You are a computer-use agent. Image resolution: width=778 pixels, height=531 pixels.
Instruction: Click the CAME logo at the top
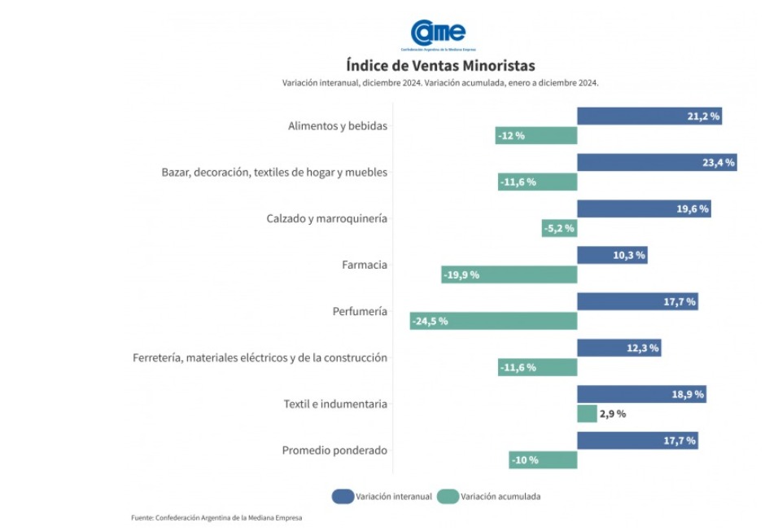click(x=438, y=33)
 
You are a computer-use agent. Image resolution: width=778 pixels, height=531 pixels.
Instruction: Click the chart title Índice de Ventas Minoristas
click(x=440, y=65)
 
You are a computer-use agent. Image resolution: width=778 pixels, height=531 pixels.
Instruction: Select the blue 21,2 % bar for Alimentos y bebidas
click(x=649, y=116)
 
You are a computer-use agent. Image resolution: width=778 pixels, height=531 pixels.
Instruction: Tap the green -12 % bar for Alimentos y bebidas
click(x=535, y=135)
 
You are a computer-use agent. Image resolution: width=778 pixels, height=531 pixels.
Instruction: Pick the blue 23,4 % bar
click(x=656, y=163)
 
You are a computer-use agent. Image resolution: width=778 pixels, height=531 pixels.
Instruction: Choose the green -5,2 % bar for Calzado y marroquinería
click(x=559, y=228)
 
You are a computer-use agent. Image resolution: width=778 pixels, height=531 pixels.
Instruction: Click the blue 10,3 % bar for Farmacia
click(x=612, y=256)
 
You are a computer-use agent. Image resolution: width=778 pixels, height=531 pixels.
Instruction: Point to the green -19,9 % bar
click(x=509, y=274)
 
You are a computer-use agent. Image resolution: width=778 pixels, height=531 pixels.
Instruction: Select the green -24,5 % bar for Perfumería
click(x=493, y=321)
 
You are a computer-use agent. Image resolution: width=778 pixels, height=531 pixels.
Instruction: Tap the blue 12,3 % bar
click(x=618, y=349)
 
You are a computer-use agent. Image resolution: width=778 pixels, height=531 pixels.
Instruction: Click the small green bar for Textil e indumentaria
click(x=587, y=414)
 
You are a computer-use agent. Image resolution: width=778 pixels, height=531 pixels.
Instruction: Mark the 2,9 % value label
click(x=613, y=414)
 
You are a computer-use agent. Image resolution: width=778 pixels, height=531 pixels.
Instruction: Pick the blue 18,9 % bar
click(x=641, y=395)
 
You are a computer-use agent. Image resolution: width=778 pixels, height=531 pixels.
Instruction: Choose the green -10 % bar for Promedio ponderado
click(x=543, y=460)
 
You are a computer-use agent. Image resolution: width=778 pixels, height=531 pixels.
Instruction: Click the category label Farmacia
click(x=365, y=265)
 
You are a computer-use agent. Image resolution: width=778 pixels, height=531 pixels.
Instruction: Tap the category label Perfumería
click(x=360, y=311)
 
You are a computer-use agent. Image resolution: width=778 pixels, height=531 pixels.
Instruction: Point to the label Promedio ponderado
click(x=334, y=450)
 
